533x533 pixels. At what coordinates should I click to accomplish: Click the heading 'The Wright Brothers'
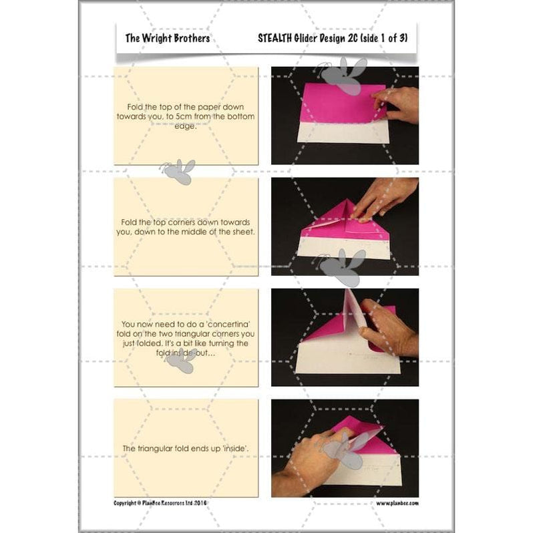[167, 38]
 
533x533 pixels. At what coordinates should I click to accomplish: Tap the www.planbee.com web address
[397, 502]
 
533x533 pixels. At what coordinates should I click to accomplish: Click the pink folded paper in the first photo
[334, 104]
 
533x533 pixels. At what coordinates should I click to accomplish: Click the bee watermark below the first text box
[178, 172]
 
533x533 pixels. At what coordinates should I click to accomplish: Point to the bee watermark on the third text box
[180, 361]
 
